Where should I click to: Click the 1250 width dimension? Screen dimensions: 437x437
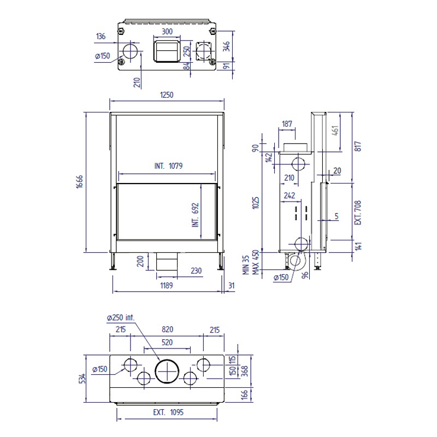pos(167,95)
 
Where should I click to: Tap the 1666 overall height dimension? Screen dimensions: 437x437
pos(80,182)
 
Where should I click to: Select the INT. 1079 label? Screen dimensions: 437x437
pos(169,166)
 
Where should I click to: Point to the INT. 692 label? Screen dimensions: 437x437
pos(196,215)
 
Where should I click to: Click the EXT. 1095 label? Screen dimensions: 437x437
pos(168,412)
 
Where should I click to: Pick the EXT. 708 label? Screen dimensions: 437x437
pos(358,212)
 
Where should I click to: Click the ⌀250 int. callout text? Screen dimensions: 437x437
pos(121,317)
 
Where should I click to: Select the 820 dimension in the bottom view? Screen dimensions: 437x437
pos(167,329)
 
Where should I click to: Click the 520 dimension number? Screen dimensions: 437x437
pos(167,342)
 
